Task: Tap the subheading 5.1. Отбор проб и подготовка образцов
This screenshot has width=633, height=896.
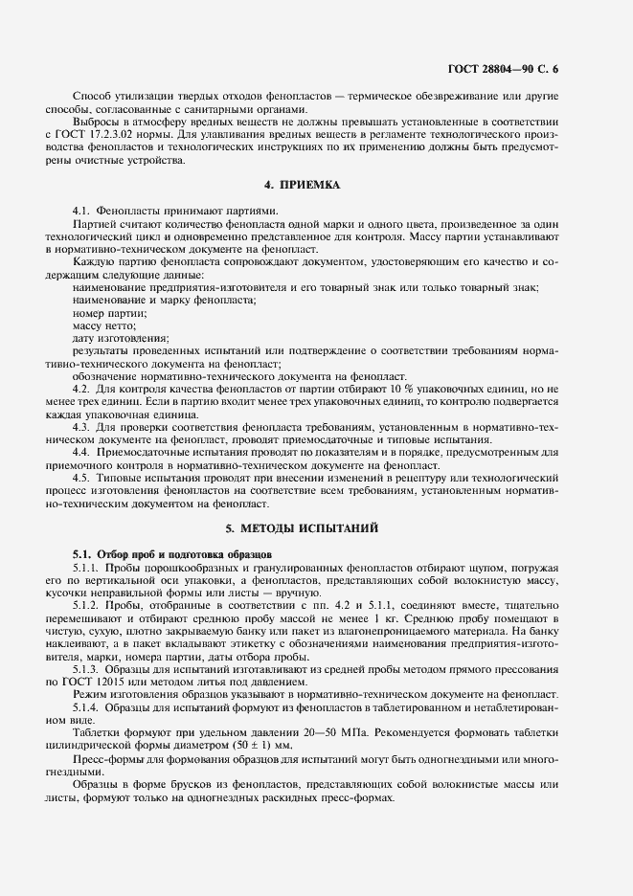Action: tap(172, 554)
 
